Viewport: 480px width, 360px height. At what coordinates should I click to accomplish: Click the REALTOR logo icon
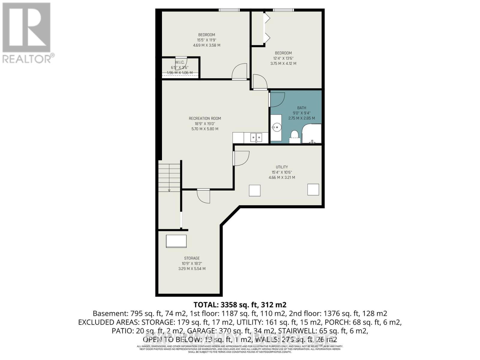point(26,28)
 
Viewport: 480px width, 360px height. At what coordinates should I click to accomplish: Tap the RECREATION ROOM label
point(205,118)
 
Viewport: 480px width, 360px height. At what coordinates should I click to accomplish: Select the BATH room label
point(301,108)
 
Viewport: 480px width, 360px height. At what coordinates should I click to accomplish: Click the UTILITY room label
point(282,167)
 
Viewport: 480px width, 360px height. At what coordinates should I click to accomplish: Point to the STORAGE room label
point(192,258)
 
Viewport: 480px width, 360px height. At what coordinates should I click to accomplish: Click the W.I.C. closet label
point(179,62)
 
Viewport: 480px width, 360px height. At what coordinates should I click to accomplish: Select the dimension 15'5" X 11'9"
point(206,40)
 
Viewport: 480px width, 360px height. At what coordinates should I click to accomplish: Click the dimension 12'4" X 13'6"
point(283,58)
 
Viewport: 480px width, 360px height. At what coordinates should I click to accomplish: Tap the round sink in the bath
point(277,127)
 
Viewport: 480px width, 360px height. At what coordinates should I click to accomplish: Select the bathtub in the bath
point(311,134)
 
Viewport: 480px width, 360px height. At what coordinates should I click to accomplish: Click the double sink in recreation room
point(256,137)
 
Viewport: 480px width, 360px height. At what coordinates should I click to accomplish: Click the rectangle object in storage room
point(176,241)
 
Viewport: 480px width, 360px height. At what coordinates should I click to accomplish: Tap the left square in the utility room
point(255,190)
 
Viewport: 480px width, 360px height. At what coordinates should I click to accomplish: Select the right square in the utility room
point(313,190)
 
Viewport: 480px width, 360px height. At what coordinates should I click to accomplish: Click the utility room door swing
point(241,158)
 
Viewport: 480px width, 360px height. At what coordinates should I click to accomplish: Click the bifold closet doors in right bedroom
point(266,28)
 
